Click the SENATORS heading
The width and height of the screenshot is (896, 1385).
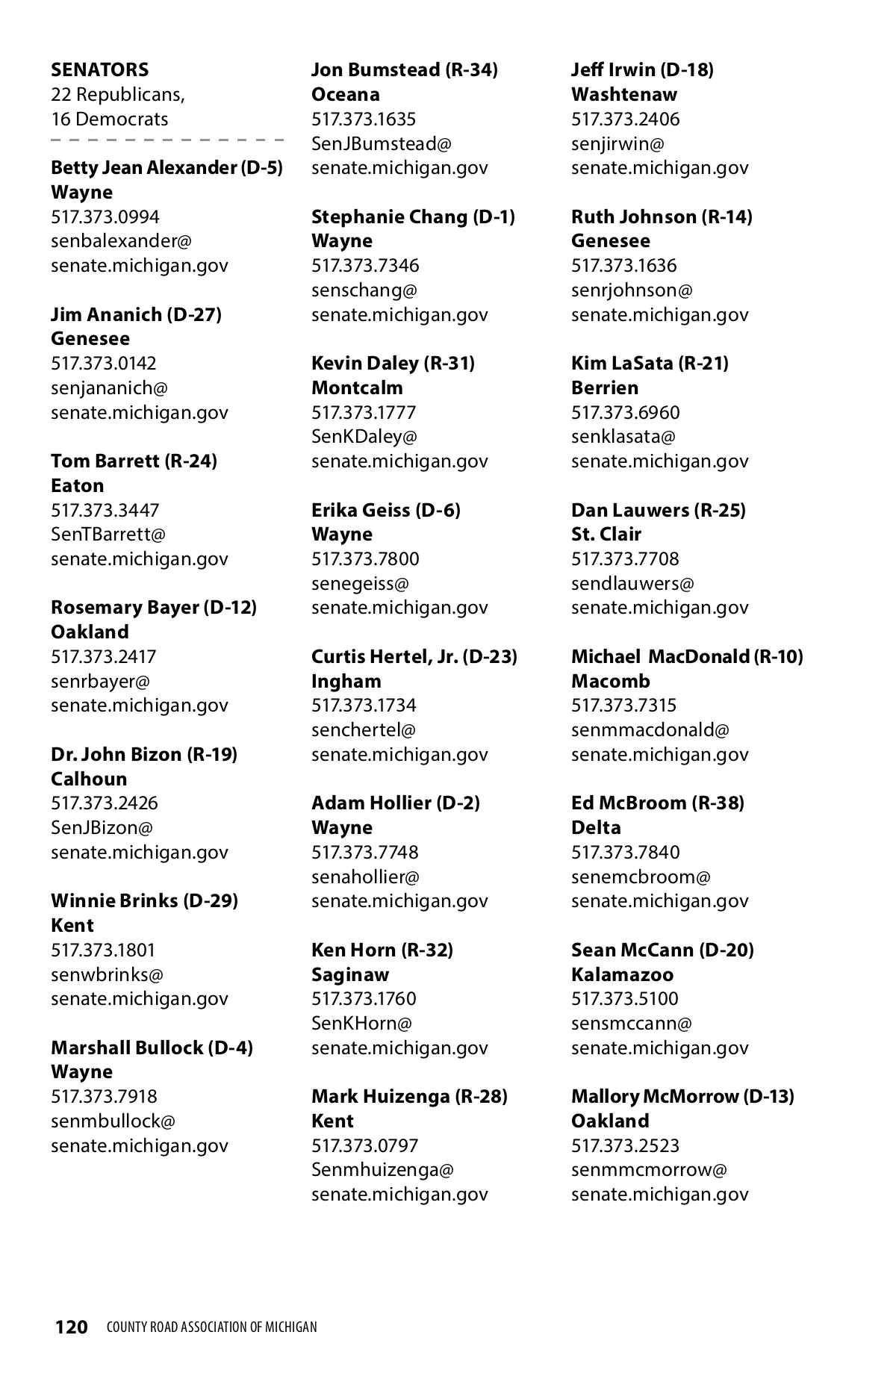(99, 70)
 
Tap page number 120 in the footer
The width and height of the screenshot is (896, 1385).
(72, 1327)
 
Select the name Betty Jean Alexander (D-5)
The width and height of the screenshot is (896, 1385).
(167, 168)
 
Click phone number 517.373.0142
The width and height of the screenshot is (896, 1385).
(104, 364)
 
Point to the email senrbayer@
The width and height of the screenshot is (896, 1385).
(100, 682)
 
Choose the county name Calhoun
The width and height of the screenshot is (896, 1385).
(89, 779)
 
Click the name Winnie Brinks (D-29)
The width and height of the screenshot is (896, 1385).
(144, 901)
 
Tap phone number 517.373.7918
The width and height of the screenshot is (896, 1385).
(104, 1097)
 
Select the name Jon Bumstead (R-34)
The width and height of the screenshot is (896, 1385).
(404, 70)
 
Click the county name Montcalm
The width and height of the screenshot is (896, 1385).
(357, 388)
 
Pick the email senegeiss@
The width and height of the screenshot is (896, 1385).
(360, 584)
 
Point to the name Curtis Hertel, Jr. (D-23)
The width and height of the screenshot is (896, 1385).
(414, 657)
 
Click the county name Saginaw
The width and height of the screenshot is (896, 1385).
(350, 975)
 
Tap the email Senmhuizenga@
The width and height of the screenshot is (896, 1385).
(382, 1170)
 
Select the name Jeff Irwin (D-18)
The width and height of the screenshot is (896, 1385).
(642, 70)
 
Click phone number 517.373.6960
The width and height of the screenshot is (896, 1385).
(625, 413)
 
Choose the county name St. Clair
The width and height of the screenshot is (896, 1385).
(606, 535)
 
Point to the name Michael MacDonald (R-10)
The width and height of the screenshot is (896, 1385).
(686, 657)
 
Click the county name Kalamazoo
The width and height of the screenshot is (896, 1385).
(622, 975)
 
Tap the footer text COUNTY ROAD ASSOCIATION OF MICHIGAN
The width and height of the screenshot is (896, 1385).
(211, 1328)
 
